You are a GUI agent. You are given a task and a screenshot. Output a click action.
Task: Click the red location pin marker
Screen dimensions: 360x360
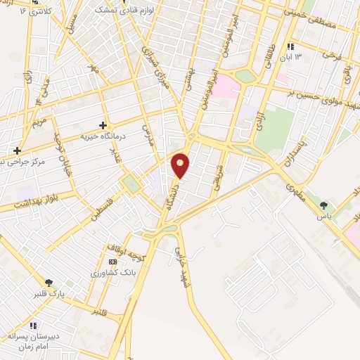point(181,165)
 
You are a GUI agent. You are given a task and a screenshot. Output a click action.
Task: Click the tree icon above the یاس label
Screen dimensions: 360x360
point(323,205)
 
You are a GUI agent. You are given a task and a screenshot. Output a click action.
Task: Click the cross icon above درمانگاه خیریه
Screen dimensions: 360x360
point(103,124)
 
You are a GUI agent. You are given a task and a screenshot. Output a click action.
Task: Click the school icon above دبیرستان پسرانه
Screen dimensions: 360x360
point(33,326)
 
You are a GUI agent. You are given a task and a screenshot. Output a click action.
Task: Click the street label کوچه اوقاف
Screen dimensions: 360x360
point(125,249)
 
